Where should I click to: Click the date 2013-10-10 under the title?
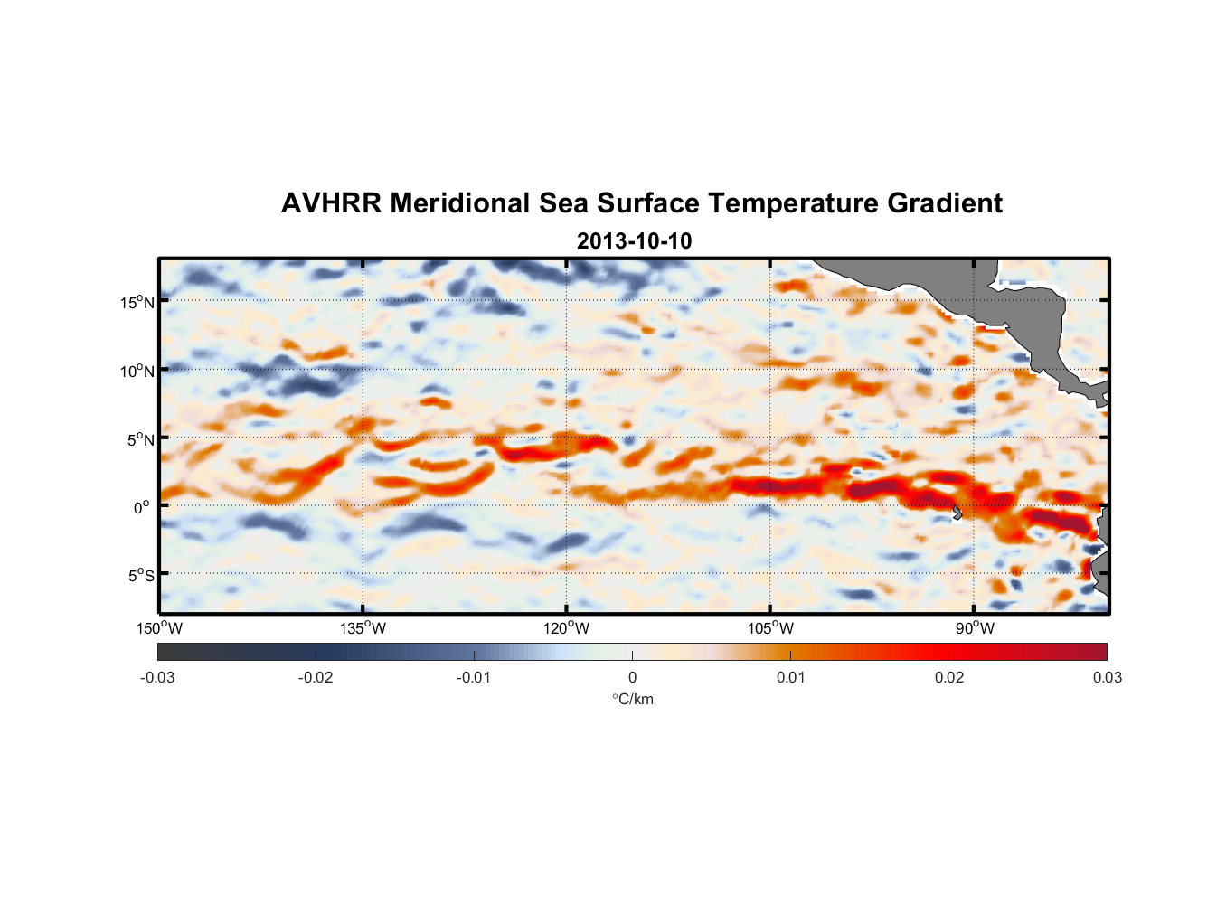tap(634, 241)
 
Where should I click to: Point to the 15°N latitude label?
tap(137, 302)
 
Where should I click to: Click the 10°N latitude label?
tap(137, 371)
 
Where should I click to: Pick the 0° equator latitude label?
tap(142, 508)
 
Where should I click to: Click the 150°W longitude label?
tap(160, 628)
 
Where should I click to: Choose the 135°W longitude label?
tap(363, 628)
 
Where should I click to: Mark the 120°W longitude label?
tap(567, 628)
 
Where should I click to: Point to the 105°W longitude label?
tap(770, 628)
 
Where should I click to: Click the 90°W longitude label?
tap(975, 628)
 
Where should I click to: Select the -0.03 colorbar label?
tap(157, 677)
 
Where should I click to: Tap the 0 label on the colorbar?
tap(632, 677)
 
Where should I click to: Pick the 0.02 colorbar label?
tap(949, 677)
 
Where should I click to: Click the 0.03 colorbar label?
tap(1107, 677)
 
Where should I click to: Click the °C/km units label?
tap(632, 699)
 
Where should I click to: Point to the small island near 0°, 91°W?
tap(956, 512)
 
